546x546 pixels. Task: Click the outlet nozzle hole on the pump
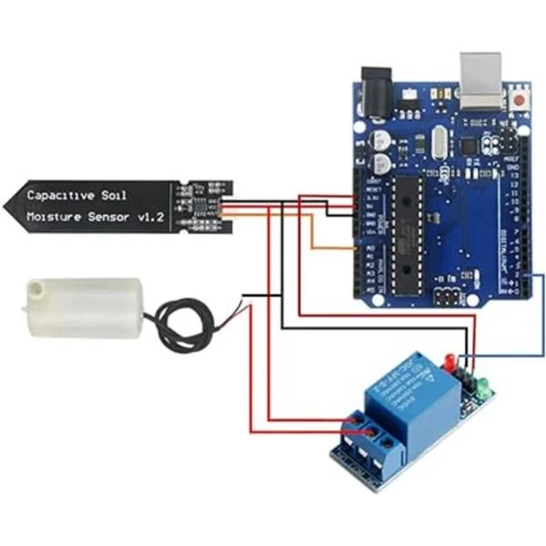coord(35,288)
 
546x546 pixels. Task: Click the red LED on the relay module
coord(449,359)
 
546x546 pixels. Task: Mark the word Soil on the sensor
coord(121,195)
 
